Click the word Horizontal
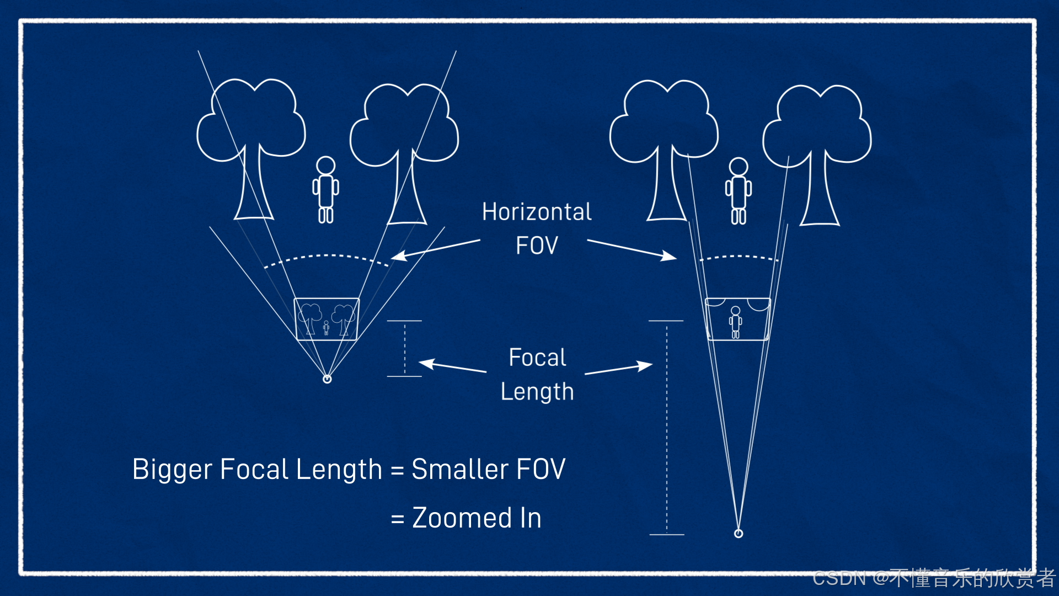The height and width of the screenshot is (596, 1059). click(x=537, y=212)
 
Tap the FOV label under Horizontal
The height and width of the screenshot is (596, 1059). click(x=537, y=246)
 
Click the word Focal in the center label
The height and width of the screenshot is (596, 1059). click(x=537, y=358)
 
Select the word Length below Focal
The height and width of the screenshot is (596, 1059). click(x=537, y=392)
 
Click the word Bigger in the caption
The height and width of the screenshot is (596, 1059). click(x=172, y=470)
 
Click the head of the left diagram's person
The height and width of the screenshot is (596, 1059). click(x=325, y=165)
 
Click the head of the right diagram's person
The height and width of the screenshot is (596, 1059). click(x=738, y=166)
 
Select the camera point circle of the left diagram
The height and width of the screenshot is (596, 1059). click(x=327, y=379)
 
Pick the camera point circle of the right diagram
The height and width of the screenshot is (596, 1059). click(x=739, y=533)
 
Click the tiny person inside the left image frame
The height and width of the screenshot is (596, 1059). click(x=326, y=328)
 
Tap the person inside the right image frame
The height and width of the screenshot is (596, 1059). click(x=735, y=322)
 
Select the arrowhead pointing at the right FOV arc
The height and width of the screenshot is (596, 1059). click(x=670, y=256)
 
